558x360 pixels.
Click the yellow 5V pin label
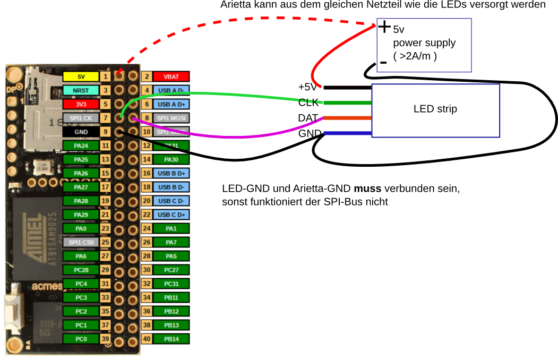[81, 76]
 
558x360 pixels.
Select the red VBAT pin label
[171, 76]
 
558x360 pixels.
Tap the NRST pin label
[81, 90]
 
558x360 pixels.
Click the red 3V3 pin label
[81, 104]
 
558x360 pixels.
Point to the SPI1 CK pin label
[81, 117]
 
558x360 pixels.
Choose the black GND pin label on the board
[81, 131]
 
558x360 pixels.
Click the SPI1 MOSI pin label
[171, 117]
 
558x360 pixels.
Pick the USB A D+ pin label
[171, 104]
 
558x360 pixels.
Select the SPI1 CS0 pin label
[81, 242]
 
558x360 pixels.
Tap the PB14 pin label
[171, 338]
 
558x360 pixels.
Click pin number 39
[105, 338]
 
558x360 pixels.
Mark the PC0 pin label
[81, 338]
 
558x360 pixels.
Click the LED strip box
[435, 109]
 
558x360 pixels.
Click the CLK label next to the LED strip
[308, 102]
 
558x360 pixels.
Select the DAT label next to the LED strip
[308, 117]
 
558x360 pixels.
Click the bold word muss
[367, 188]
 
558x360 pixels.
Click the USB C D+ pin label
[171, 215]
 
